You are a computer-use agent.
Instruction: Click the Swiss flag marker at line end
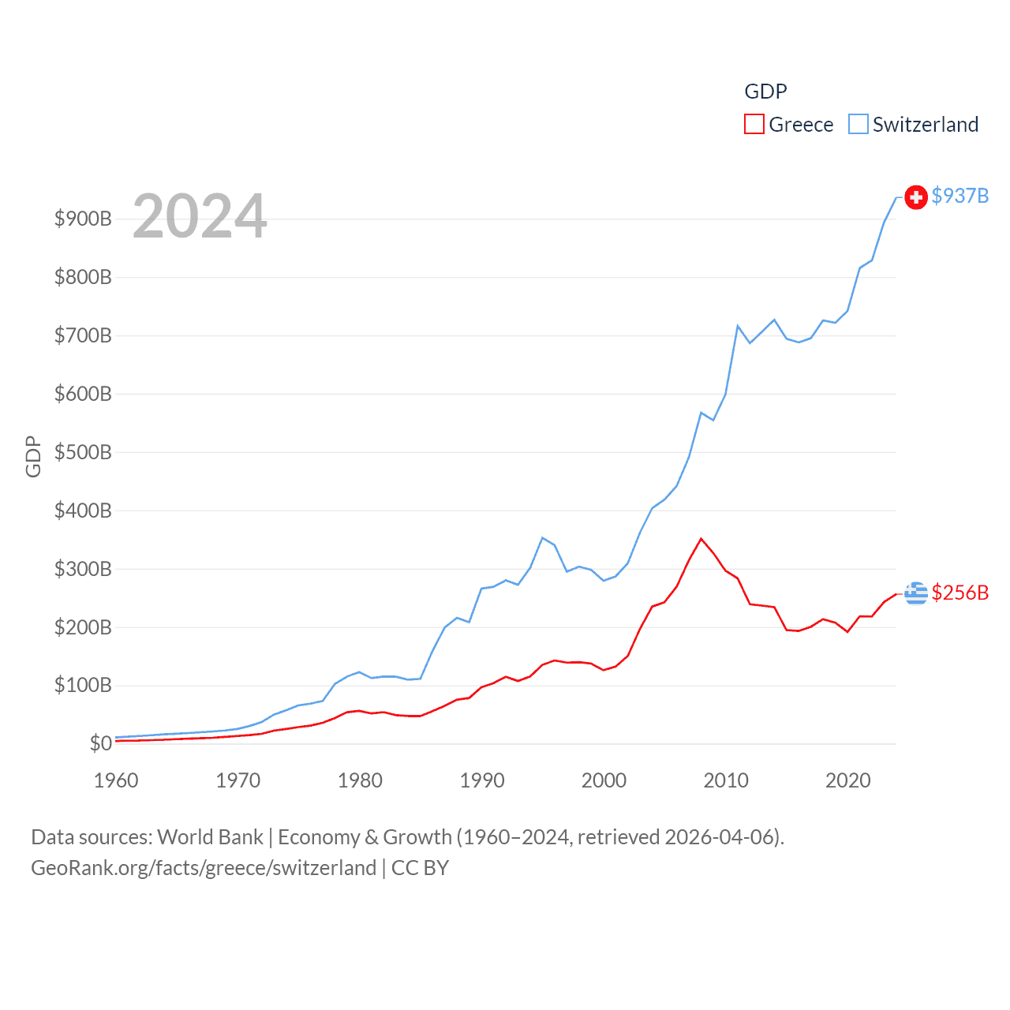[915, 197]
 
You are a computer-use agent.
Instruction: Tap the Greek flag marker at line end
[915, 593]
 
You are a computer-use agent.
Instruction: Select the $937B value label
[959, 196]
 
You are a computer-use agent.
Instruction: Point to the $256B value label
[959, 593]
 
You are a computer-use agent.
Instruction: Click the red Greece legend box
[754, 125]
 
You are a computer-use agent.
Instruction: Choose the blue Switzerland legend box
[858, 125]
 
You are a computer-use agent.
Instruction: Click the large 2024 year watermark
[200, 216]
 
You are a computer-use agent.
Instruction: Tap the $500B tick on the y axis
[83, 452]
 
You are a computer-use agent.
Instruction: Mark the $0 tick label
[100, 743]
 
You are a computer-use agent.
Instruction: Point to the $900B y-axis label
[83, 219]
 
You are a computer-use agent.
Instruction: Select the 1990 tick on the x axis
[482, 780]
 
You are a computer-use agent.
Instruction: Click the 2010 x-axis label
[726, 780]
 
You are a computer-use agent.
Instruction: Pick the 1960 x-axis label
[116, 780]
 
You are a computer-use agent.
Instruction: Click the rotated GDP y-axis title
[33, 456]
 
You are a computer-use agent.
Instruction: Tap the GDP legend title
[765, 92]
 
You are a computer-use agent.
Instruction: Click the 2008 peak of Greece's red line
[701, 539]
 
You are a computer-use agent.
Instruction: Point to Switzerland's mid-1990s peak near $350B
[542, 538]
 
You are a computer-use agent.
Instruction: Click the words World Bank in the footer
[210, 836]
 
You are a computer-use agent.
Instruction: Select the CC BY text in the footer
[420, 868]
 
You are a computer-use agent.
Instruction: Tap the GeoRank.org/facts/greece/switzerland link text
[204, 868]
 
